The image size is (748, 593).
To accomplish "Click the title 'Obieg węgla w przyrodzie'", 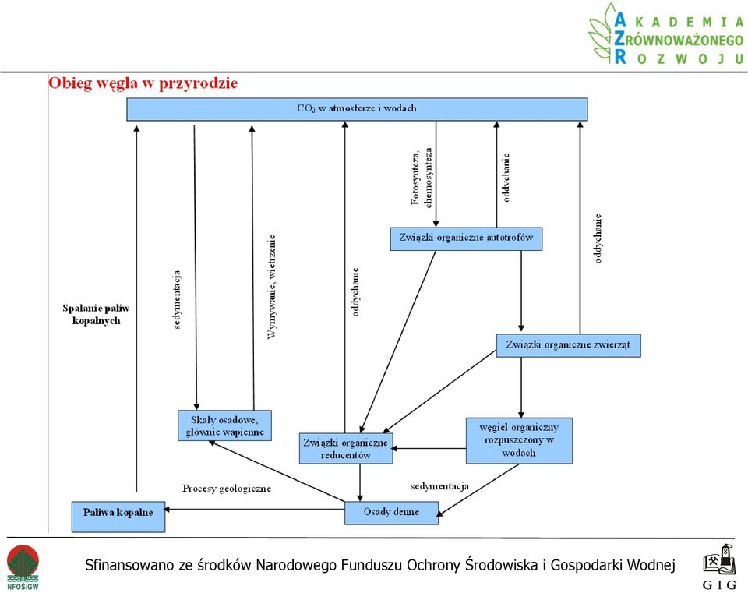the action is [x=143, y=83].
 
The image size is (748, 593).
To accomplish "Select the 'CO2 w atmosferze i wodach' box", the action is [x=357, y=109].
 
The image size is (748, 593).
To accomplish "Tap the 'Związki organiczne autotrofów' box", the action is [x=466, y=238].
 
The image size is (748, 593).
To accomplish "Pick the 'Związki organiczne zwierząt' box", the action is [x=568, y=345].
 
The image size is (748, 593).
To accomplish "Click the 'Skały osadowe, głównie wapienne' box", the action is [x=224, y=425].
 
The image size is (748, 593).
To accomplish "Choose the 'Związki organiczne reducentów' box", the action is [x=346, y=448].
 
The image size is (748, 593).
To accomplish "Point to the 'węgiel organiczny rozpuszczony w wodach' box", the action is [x=519, y=440].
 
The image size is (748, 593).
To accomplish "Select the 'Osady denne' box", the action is [x=391, y=513].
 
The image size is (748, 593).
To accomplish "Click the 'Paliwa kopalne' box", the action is [x=118, y=517].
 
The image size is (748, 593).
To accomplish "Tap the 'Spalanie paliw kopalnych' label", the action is [x=96, y=314].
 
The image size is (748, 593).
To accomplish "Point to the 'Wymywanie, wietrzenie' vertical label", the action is [x=271, y=287].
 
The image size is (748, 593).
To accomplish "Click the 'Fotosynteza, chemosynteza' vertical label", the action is [x=422, y=177].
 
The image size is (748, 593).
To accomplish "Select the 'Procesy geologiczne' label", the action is [x=227, y=489].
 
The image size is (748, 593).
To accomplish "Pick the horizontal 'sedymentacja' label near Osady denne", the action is [x=439, y=486].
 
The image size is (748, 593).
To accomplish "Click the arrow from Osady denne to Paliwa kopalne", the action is [x=254, y=509].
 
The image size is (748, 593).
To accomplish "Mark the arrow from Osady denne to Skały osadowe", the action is [x=277, y=471].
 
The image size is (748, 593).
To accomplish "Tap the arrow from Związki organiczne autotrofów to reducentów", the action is [x=398, y=341].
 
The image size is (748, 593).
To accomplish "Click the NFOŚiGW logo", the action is [x=23, y=567].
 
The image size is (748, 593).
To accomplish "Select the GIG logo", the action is [x=719, y=567].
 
